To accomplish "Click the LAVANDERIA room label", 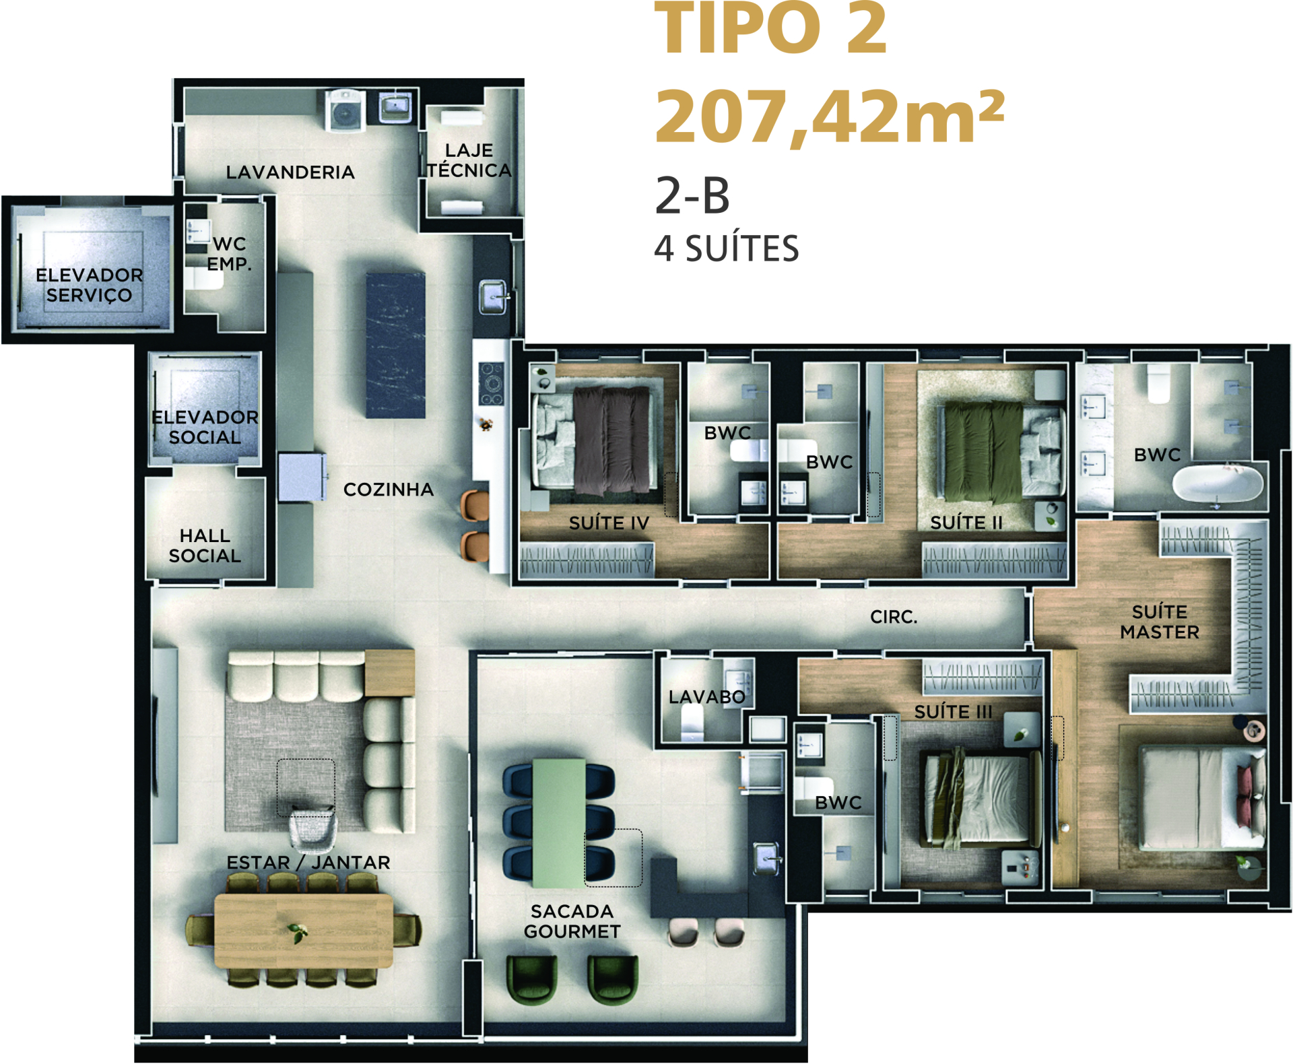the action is click(290, 172).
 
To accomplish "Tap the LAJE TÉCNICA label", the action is click(469, 160).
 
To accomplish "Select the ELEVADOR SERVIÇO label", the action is click(89, 285).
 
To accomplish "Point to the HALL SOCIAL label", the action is click(205, 545).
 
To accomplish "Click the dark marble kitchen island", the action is click(395, 345).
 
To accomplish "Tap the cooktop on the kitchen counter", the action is click(491, 383).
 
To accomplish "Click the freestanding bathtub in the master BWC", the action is click(1218, 484).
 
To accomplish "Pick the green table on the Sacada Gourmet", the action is click(558, 823).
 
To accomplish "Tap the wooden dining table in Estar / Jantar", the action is click(304, 931).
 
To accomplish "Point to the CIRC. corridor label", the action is click(894, 617).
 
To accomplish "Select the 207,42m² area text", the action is click(830, 117).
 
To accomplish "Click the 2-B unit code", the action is click(692, 196).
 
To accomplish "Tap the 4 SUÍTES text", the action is click(727, 248).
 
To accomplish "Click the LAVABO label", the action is click(707, 697).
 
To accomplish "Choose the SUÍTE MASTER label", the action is click(1160, 622).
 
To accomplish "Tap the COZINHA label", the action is click(389, 490).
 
